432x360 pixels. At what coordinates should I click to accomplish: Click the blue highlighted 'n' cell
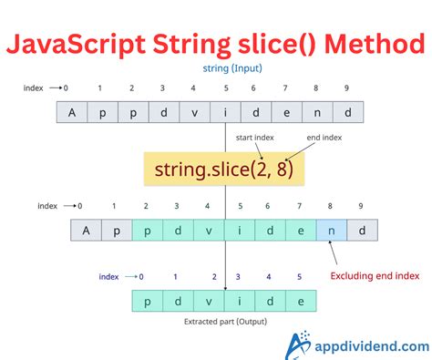[331, 230]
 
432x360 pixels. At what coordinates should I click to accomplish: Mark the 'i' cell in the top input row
[225, 113]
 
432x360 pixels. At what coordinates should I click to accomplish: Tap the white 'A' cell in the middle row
[87, 230]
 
